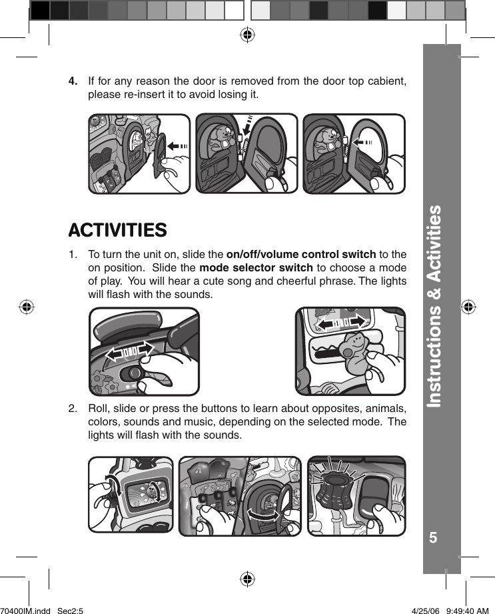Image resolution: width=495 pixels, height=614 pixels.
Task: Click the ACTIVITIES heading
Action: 117,231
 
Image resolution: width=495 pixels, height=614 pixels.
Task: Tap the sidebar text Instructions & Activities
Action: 434,306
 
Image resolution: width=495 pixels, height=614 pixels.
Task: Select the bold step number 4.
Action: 74,81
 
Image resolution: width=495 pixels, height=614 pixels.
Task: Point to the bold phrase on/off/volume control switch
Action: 301,254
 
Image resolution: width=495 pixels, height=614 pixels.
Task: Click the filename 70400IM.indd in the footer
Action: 25,609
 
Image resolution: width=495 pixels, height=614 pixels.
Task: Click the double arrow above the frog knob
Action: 340,323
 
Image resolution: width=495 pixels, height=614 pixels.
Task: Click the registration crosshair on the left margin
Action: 26,307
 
